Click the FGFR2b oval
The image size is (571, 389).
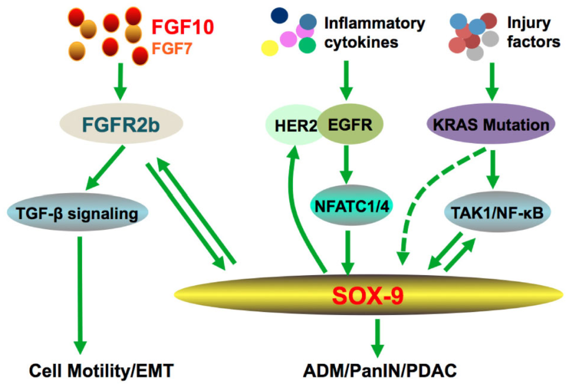121,124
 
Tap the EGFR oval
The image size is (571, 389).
350,124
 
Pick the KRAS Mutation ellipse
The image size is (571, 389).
491,124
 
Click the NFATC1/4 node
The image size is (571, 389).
351,205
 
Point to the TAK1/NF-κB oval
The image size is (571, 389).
497,212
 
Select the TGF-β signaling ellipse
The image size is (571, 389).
77,213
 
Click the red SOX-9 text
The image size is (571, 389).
368,296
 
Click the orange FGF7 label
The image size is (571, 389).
172,48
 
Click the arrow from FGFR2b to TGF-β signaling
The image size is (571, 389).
105,168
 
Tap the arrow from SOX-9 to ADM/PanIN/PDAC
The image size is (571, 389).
377,338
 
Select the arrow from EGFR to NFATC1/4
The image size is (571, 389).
346,165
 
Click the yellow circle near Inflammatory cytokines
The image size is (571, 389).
270,48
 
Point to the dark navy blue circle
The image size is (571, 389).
280,15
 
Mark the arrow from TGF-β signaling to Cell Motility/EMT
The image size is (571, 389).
80,295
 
